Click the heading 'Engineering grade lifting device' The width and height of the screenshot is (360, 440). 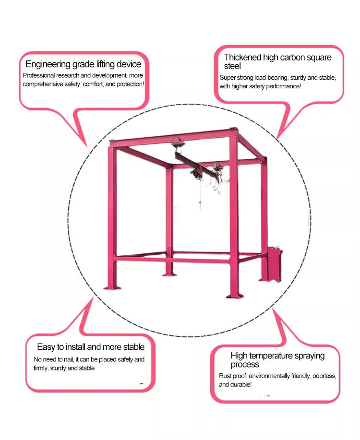click(83, 64)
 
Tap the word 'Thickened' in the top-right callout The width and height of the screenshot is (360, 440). click(242, 57)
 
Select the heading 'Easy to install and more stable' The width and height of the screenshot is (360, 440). click(91, 347)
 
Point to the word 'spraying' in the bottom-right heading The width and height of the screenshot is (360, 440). click(310, 356)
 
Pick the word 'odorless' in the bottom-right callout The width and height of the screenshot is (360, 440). click(324, 376)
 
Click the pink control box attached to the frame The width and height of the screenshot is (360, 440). click(274, 264)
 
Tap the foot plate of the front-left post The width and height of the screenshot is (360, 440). click(112, 287)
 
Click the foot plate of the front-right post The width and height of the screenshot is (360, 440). click(235, 296)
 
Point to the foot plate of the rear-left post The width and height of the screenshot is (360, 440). click(169, 275)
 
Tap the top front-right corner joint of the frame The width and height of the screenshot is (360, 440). click(234, 132)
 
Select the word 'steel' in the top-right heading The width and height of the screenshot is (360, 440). click(232, 66)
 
